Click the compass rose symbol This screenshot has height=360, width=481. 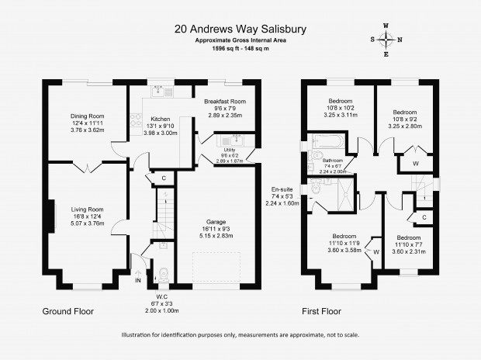click(386, 40)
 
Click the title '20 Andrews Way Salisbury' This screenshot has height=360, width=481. click(240, 29)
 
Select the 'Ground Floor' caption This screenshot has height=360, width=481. click(67, 311)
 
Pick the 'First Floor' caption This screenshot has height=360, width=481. click(321, 311)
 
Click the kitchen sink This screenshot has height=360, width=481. click(161, 91)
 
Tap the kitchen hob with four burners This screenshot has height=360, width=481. click(136, 119)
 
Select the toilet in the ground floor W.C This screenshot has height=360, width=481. click(163, 275)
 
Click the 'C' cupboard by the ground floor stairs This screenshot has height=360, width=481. click(164, 178)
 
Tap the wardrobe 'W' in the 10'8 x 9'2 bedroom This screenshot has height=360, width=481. click(416, 164)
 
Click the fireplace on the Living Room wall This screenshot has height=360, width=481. click(51, 216)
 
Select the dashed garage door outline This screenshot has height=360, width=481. click(216, 267)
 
